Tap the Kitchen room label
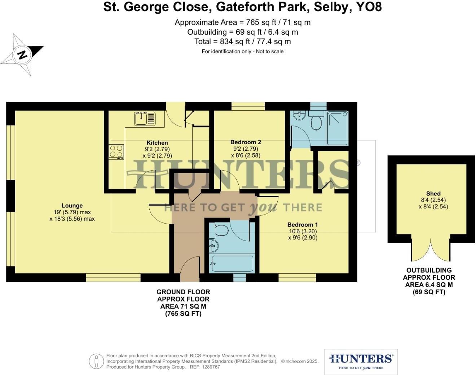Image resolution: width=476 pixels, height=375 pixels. pos(157,143)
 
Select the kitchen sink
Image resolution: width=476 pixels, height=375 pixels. pos(145,118)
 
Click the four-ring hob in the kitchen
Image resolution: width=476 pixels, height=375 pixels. pos(116,151)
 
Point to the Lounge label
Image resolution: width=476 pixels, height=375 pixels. pos(72,206)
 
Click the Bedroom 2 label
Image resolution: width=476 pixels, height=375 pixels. pos(246,142)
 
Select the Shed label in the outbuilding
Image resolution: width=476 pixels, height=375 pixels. pos(433,194)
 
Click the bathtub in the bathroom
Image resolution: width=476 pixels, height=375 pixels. pos(232,264)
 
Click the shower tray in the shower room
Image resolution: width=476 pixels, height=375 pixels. pos(338,128)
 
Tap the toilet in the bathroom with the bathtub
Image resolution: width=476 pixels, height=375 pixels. pos(221,230)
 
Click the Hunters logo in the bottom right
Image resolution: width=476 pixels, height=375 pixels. pos(361,361)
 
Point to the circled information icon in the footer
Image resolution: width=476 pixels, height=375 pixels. pos(97,361)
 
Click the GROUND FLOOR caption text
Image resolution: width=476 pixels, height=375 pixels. pos(183,292)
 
